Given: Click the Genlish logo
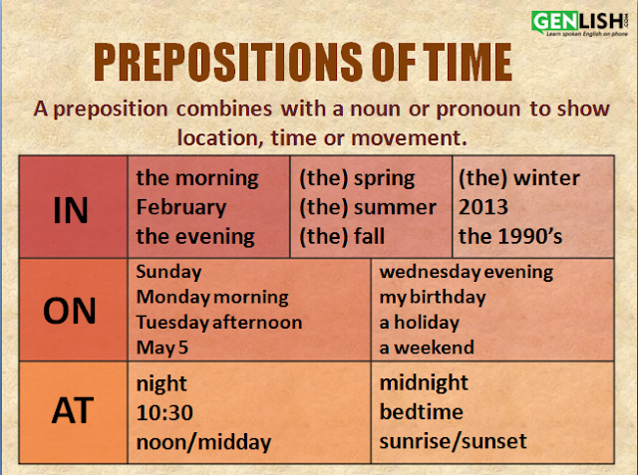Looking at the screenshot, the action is (580, 23).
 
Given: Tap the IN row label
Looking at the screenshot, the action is (71, 210).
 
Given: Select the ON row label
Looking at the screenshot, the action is (70, 311).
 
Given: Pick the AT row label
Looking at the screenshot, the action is (73, 411).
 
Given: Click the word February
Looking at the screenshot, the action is (181, 208).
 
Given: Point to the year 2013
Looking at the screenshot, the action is (483, 207).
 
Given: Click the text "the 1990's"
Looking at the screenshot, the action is (510, 236).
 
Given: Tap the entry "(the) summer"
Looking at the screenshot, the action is (368, 208).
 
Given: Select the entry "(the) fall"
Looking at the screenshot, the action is (342, 236).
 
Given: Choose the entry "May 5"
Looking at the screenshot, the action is (162, 348).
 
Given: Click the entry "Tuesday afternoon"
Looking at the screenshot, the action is (219, 323).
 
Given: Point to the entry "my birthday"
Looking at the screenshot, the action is (433, 298).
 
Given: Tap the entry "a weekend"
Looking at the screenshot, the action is (427, 348).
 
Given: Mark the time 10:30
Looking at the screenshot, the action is (164, 413).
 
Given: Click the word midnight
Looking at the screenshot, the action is (424, 383).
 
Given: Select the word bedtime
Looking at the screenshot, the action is (421, 412).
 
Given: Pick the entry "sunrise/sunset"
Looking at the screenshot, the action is (454, 442).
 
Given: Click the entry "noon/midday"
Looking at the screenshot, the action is (203, 442).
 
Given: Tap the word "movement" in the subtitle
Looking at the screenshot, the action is (409, 138).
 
